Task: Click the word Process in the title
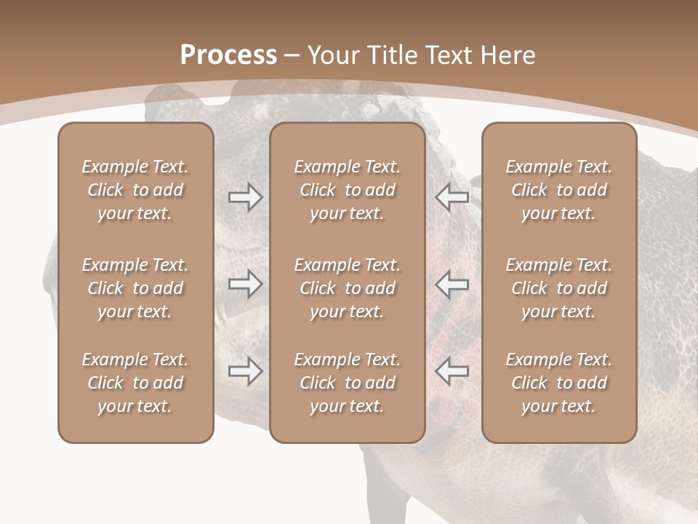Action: point(228,55)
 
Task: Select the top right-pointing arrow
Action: point(245,197)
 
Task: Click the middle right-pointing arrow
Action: point(245,284)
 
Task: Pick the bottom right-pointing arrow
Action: point(245,371)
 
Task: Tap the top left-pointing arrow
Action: point(452,197)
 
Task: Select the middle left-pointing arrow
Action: point(452,284)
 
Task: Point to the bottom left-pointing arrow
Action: point(452,371)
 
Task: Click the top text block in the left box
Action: point(135,190)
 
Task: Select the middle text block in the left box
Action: point(135,288)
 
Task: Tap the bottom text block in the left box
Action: point(135,383)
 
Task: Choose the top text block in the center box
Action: point(347,190)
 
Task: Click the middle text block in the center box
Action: point(347,288)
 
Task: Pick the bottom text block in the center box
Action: point(347,383)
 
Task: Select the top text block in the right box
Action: point(558,190)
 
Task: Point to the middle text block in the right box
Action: point(558,288)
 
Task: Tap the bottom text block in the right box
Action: point(558,383)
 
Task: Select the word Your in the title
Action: point(332,55)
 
